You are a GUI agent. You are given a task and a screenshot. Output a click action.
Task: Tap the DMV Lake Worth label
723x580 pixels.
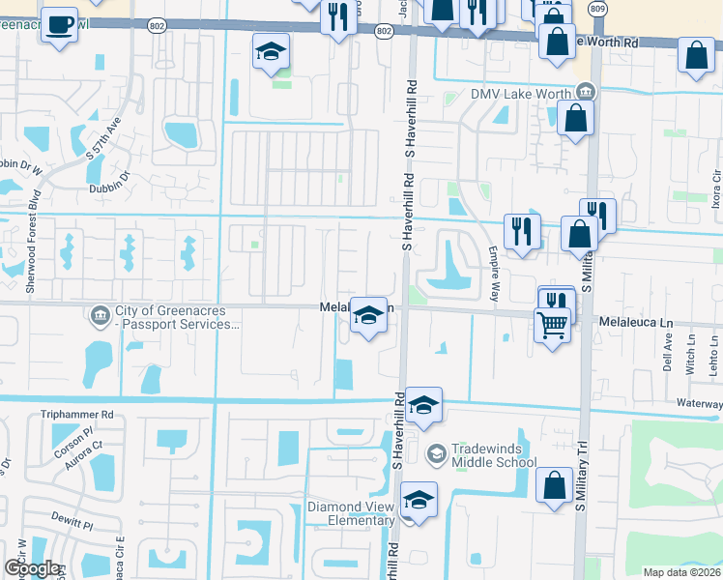coord(521,94)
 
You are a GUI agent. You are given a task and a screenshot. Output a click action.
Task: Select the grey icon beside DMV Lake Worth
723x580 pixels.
coord(585,93)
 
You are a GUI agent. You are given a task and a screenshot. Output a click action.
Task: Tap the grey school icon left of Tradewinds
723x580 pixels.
coord(436,452)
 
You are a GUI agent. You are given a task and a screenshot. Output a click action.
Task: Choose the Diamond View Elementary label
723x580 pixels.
coord(352,514)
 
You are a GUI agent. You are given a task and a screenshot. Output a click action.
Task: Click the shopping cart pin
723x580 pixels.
coord(551,327)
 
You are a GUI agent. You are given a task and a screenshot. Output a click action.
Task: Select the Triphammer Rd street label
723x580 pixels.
coord(77,414)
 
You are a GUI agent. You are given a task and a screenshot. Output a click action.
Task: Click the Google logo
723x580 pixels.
coord(32,567)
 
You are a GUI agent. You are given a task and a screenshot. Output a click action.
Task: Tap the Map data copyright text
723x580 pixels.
coord(681,572)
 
